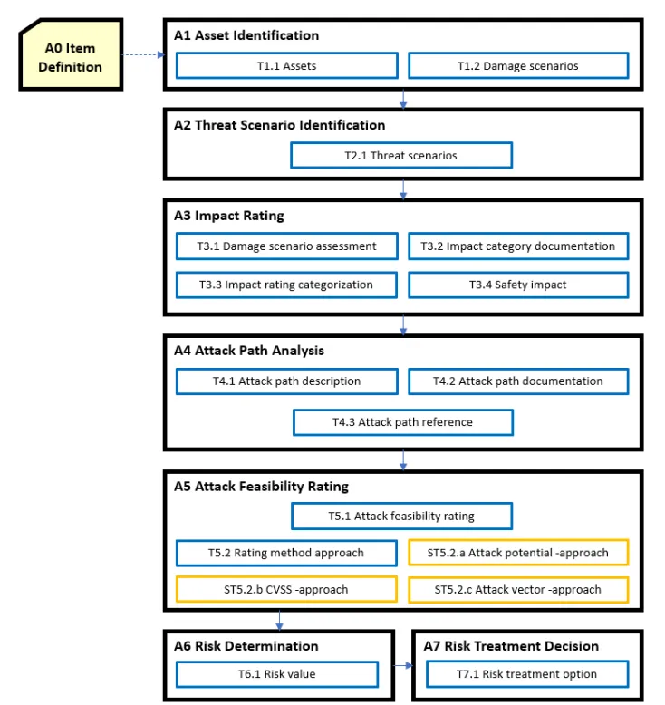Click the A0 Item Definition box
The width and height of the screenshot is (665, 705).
71,54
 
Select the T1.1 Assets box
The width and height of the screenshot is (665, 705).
287,65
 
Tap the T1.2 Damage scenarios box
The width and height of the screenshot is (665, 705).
518,65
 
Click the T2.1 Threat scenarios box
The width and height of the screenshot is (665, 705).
401,156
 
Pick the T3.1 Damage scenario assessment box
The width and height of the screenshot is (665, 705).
287,246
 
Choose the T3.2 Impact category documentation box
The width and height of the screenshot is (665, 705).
518,246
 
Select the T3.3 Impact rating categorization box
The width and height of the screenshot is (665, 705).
286,285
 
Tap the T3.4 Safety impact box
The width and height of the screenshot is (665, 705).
518,285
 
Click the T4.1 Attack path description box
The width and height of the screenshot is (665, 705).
287,381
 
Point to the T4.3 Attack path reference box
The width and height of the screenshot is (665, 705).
403,422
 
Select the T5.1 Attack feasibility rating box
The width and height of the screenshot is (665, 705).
401,516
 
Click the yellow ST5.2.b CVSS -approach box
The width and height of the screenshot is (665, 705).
286,589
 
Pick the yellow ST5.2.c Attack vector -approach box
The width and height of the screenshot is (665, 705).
518,589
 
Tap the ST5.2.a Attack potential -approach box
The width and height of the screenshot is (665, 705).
518,553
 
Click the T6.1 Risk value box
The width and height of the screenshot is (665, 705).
277,674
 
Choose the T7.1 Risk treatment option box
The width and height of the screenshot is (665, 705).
527,674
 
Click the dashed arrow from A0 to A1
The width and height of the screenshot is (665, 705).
143,55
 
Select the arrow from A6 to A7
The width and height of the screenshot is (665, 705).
403,665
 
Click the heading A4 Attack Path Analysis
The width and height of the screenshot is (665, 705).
249,351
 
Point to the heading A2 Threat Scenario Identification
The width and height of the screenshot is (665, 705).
280,124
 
